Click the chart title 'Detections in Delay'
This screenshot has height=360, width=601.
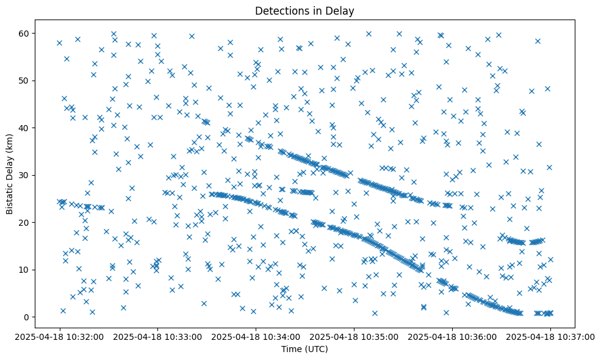point(304,11)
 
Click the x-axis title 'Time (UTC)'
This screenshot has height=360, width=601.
point(304,349)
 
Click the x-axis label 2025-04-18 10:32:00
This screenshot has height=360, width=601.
point(59,337)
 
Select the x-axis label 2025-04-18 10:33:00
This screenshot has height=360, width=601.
point(157,337)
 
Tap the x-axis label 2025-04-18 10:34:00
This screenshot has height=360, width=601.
point(256,337)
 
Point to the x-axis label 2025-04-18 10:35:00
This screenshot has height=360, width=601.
point(354,337)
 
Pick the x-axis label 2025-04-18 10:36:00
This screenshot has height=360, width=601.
point(452,337)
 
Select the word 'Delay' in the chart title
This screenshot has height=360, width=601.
point(342,11)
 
